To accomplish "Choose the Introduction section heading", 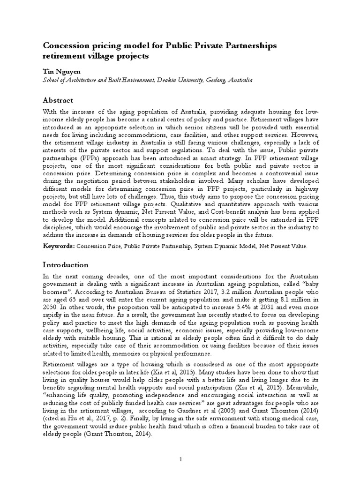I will (x=66, y=264).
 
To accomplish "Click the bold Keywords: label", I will (x=59, y=246).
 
